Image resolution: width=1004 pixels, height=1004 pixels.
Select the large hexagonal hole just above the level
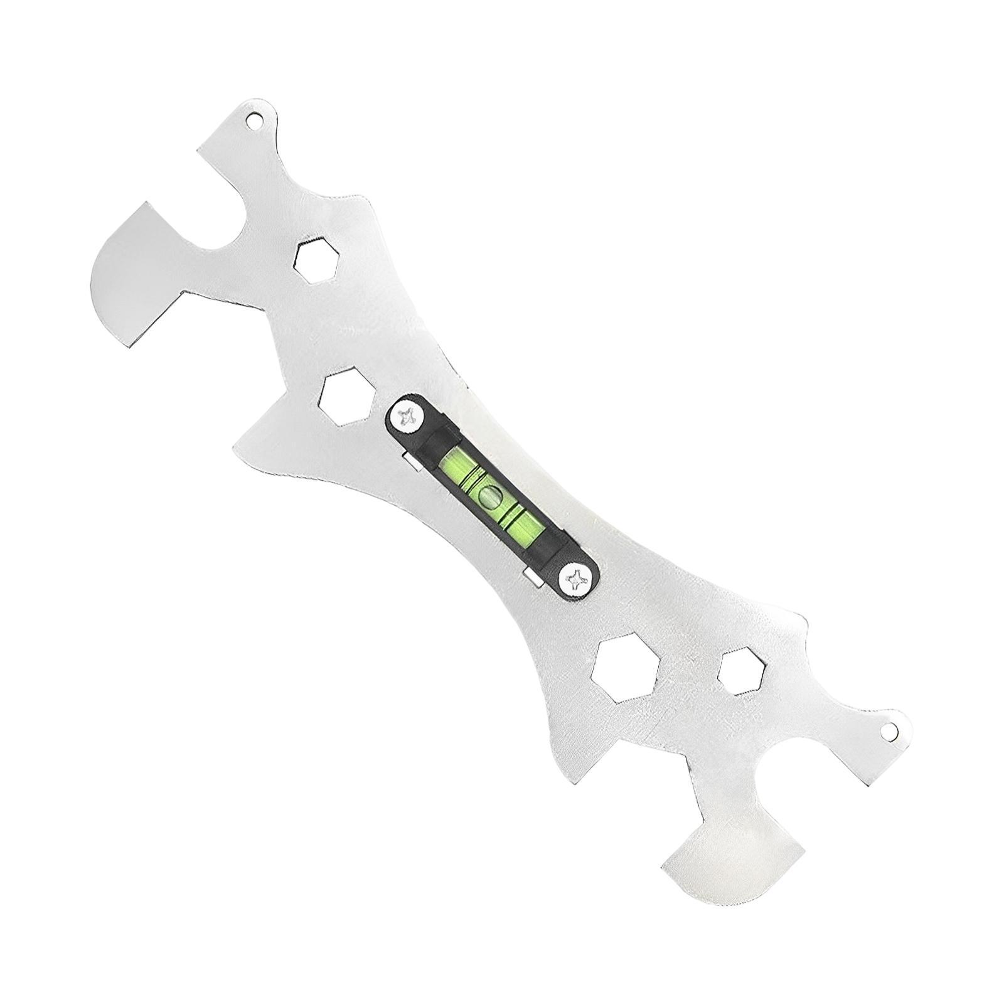pyautogui.click(x=347, y=400)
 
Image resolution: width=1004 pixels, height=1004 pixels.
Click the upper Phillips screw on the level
pyautogui.click(x=407, y=417)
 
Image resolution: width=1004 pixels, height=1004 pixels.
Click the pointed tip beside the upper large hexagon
pyautogui.click(x=238, y=447)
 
